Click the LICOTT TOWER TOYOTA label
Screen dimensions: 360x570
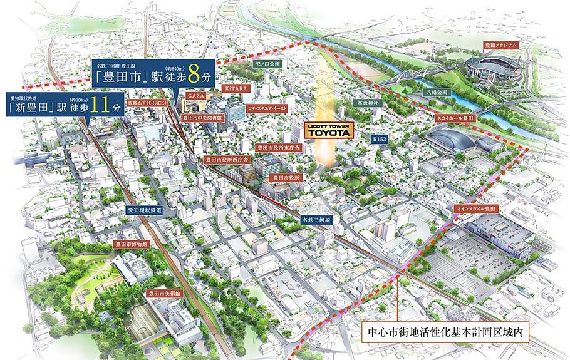click(x=329, y=130)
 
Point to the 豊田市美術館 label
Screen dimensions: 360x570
click(x=163, y=292)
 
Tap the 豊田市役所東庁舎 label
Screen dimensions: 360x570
click(x=279, y=148)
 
